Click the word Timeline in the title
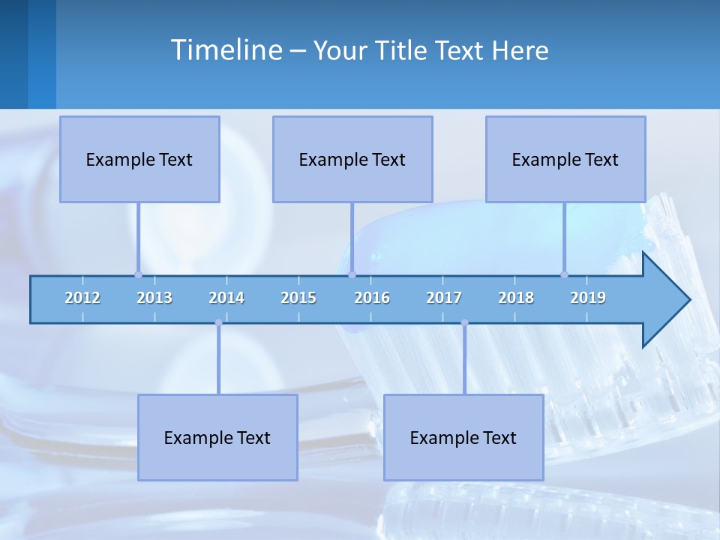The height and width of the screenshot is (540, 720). [x=226, y=50]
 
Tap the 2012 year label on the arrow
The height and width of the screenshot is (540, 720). [x=82, y=298]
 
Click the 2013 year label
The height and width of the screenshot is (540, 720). [x=154, y=298]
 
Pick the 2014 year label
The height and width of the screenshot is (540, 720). [x=226, y=298]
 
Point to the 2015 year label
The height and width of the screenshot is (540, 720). [x=298, y=298]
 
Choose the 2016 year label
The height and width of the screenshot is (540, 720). [x=372, y=298]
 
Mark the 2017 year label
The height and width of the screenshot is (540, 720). [x=444, y=298]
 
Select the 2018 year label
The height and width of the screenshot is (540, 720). [x=516, y=298]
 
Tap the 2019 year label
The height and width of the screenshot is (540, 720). [x=588, y=298]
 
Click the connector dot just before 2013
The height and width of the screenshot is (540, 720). [x=138, y=274]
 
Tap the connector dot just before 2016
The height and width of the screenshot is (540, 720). [x=352, y=274]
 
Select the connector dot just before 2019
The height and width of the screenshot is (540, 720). [x=564, y=274]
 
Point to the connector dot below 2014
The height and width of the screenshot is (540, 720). [x=218, y=322]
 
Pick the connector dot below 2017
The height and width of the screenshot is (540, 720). [x=464, y=322]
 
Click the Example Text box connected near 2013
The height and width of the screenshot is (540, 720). [x=139, y=159]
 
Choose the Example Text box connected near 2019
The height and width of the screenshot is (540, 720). [x=565, y=159]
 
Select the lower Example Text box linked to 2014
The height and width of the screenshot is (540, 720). [x=217, y=437]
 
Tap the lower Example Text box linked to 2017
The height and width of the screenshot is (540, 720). [x=463, y=437]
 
